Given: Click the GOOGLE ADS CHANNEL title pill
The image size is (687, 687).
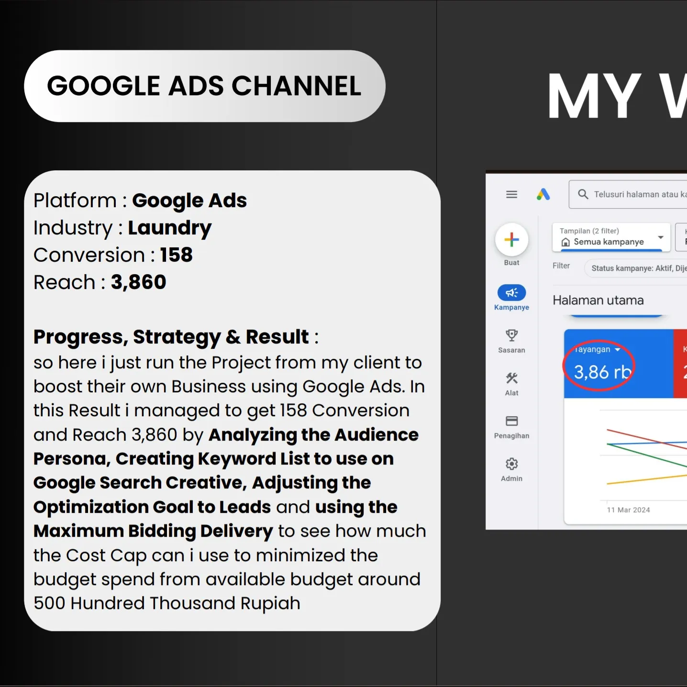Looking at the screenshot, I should (204, 86).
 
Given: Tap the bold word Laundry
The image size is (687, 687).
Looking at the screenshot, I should (169, 228).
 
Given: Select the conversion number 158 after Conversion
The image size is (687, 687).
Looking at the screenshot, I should (176, 255).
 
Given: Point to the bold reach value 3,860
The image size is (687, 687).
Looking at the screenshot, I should (138, 282).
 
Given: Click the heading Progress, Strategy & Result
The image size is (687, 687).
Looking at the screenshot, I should (171, 337).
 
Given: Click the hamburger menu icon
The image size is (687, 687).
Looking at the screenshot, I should (511, 194).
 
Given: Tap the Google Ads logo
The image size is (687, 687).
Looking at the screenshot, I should (543, 194).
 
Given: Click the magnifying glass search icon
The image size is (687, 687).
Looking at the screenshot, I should (583, 194).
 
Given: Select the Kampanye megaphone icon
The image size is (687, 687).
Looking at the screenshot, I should (511, 293).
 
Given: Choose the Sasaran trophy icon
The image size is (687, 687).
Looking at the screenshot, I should (511, 335).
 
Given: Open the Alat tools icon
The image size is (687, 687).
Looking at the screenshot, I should (511, 378).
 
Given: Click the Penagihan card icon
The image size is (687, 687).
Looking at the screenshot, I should (511, 421).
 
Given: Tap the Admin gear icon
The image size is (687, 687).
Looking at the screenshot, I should (511, 464).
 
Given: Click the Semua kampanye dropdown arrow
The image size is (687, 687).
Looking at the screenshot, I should (661, 237).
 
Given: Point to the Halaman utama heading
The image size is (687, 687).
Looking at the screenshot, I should (598, 300).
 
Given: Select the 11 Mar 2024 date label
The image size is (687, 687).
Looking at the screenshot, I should (628, 510).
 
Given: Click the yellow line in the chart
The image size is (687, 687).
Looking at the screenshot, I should (646, 480).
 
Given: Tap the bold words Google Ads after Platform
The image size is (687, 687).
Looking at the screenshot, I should (189, 200).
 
